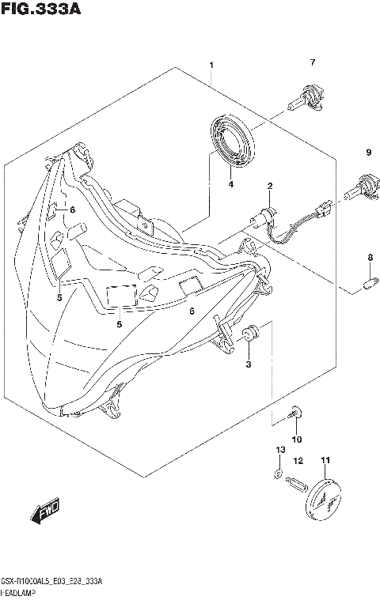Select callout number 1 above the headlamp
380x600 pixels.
[211, 64]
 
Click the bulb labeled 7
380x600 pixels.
[306, 98]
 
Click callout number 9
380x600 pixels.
[368, 152]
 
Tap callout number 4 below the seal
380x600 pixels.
[231, 185]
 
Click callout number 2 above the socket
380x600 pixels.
[270, 187]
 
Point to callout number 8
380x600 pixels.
[369, 258]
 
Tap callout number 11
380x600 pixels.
[325, 460]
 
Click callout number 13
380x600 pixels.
[278, 449]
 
